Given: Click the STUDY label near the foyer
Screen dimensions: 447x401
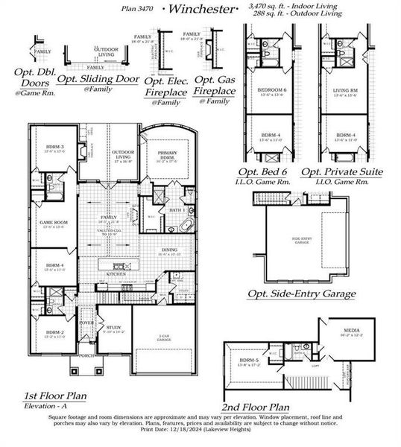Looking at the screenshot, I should (113, 328).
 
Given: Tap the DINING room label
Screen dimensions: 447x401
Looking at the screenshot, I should (169, 250).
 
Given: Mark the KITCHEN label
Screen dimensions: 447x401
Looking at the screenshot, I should (116, 275).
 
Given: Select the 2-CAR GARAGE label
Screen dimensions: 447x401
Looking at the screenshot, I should (165, 339).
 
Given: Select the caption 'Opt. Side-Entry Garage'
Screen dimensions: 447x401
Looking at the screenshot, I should (301, 294).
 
